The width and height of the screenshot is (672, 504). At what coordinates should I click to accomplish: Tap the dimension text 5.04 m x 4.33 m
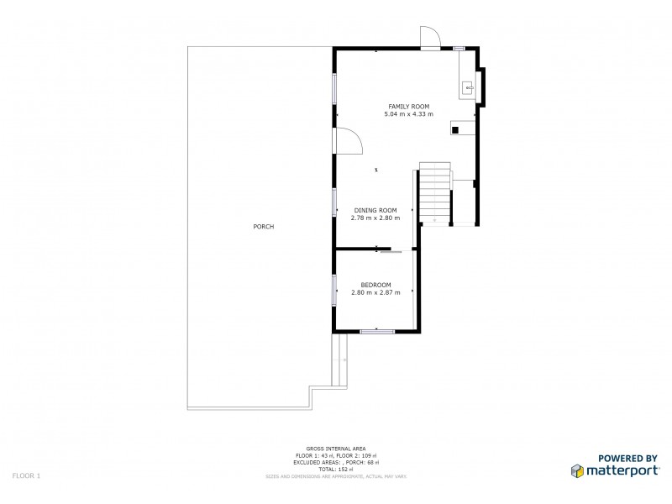[408, 114]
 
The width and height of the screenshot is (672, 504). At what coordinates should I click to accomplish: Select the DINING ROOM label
[375, 210]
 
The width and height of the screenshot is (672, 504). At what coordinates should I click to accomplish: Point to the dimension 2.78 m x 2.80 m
[375, 218]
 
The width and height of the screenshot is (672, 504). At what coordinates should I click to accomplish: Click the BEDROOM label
[375, 285]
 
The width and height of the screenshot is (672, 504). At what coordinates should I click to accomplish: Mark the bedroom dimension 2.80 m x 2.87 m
[375, 292]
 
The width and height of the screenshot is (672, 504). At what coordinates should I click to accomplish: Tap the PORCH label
[263, 227]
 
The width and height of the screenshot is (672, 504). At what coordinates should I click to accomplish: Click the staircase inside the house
[435, 192]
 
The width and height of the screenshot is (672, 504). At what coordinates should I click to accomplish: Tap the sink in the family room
[468, 87]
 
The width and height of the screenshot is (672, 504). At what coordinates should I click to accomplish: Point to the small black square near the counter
[454, 130]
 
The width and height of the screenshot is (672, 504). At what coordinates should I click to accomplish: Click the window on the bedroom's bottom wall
[377, 332]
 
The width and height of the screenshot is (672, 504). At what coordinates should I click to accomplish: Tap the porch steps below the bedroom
[339, 360]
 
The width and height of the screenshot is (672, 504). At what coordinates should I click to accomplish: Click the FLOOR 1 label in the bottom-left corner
[26, 475]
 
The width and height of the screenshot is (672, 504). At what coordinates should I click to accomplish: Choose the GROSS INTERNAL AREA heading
[336, 449]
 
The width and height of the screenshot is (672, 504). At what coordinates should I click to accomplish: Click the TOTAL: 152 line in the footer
[336, 469]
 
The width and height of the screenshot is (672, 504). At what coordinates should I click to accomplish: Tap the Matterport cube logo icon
[578, 470]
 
